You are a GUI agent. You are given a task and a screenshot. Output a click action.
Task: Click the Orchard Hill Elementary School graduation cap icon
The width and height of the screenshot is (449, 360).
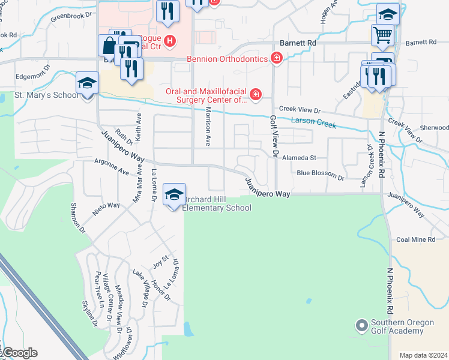174,195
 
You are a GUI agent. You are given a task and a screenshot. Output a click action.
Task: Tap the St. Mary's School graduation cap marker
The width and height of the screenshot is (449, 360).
88,83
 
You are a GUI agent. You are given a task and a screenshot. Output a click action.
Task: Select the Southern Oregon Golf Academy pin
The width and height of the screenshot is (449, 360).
361,326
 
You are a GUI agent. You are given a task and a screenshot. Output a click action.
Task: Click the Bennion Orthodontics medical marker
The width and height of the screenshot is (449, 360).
276,58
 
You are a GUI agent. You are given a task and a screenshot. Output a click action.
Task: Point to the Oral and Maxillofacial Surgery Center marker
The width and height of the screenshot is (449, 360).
256,95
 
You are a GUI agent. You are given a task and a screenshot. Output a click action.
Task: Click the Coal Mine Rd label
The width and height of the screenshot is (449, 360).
415,240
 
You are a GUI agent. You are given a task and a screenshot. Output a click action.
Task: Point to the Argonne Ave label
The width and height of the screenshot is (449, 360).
112,166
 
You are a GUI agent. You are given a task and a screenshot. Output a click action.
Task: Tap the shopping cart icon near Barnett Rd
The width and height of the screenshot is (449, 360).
382,35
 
